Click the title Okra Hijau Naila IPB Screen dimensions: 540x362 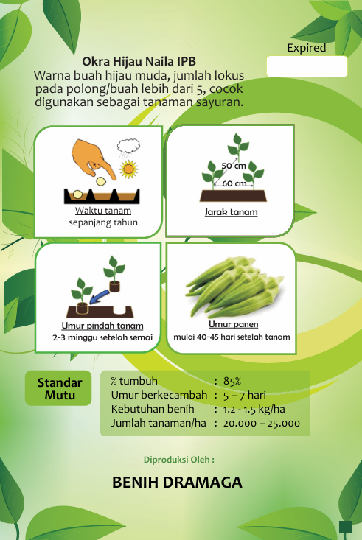point(139,61)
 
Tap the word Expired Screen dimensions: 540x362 point(306,48)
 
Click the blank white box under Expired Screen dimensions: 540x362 point(307,66)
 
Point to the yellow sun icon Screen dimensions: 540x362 point(130,168)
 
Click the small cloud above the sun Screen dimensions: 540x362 point(130,144)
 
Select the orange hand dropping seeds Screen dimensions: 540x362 point(93,158)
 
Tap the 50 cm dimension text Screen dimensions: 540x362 point(234,165)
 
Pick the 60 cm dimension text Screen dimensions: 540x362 point(234,183)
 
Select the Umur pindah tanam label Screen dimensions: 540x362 point(102,326)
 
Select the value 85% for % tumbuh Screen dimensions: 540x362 point(232,381)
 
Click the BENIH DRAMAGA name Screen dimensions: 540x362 point(177,483)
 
